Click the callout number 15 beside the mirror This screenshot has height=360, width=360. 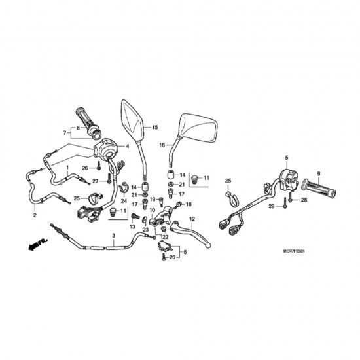155,127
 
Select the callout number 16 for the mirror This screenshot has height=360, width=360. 162,145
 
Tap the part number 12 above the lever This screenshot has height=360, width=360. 192,219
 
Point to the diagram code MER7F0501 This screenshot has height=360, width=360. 294,251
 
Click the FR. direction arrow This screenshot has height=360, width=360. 38,244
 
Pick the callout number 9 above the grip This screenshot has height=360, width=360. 319,174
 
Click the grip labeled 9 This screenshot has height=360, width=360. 319,189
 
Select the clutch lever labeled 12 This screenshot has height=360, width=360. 190,234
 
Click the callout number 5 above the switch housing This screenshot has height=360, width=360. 287,158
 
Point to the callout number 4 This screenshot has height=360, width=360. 128,146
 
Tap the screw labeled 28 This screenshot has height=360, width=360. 291,197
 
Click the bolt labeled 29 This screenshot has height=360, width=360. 285,203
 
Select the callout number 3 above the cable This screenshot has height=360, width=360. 114,236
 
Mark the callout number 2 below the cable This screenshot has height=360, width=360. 35,215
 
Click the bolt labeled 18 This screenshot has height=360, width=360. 178,205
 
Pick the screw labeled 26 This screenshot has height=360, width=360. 99,166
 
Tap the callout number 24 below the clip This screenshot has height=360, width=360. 124,202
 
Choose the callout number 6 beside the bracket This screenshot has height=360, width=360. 185,252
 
